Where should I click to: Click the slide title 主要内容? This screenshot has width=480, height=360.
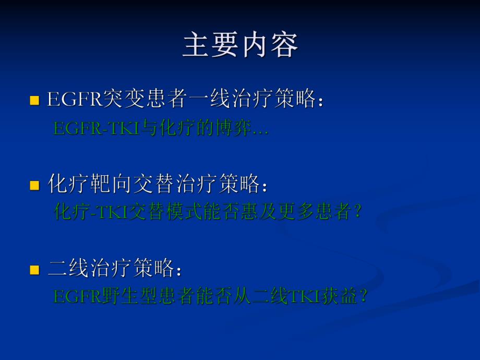240,46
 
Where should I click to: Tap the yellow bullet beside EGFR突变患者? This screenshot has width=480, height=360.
34,100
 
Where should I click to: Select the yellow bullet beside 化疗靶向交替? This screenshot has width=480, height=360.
34,185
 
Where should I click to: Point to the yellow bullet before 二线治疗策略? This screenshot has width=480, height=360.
34,270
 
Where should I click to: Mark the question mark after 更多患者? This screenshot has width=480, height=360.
357,212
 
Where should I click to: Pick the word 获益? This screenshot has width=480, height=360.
339,297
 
